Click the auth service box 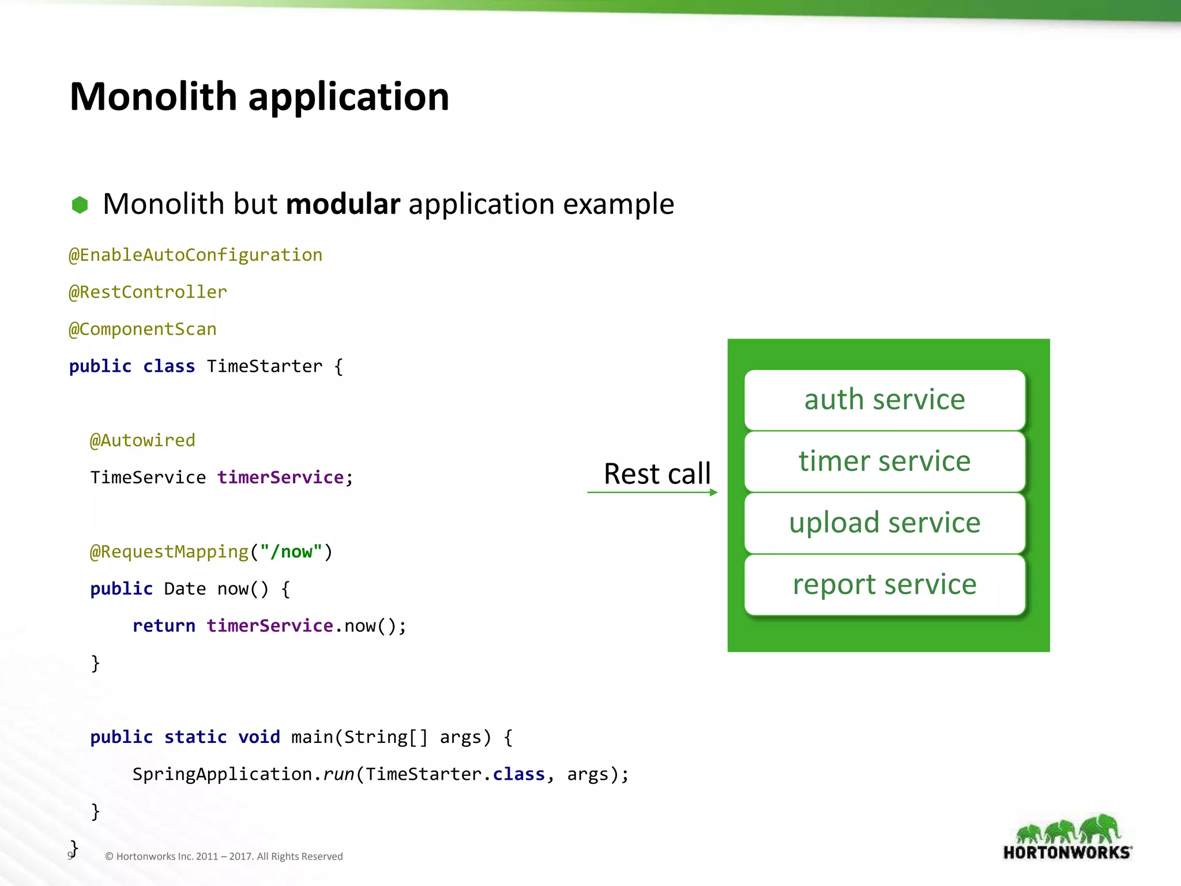click(x=885, y=400)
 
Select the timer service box click(x=885, y=461)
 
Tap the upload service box click(x=885, y=523)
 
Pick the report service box click(x=885, y=585)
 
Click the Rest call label click(x=657, y=474)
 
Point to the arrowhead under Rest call click(x=714, y=492)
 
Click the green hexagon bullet click(x=80, y=205)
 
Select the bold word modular click(x=343, y=204)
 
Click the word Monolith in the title click(x=153, y=96)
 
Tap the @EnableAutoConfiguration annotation click(x=195, y=255)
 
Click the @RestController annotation click(x=148, y=292)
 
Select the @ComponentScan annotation click(x=142, y=329)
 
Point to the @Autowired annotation click(x=142, y=440)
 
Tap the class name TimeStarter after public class click(x=264, y=366)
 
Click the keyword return click(x=164, y=626)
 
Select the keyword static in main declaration click(x=195, y=737)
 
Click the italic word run click(x=338, y=774)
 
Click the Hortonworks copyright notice click(x=224, y=857)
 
